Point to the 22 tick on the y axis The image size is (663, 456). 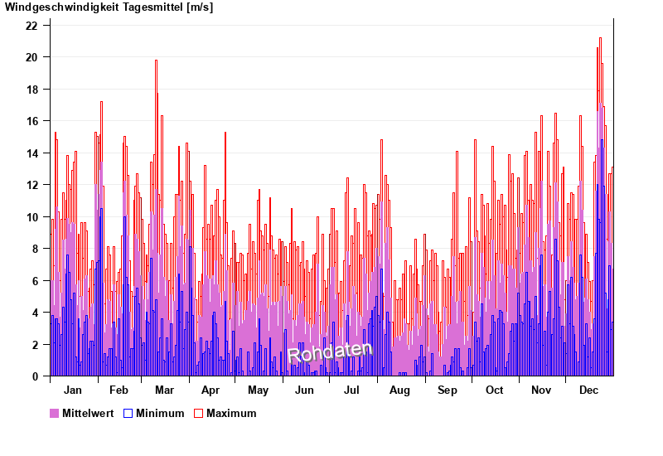coord(31,26)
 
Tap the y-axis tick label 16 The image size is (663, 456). coord(31,121)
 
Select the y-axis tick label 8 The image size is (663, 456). coord(35,249)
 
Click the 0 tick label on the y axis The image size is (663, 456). coord(35,376)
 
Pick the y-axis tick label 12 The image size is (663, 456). coord(31,185)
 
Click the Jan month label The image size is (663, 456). coord(73,391)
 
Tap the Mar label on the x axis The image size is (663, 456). coord(164,391)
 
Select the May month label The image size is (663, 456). coord(258,391)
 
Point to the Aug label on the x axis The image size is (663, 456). coord(399,391)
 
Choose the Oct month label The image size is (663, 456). coord(494,391)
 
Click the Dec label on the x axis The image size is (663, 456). coord(588,391)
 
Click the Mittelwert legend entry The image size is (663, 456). coord(87,413)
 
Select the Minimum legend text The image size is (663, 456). coord(160,413)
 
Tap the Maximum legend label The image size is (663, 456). coord(231,413)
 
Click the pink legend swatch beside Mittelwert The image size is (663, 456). coord(55,413)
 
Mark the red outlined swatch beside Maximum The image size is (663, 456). coord(198,413)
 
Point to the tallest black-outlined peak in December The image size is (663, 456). coord(600,39)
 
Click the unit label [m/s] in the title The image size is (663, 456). coord(200,7)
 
